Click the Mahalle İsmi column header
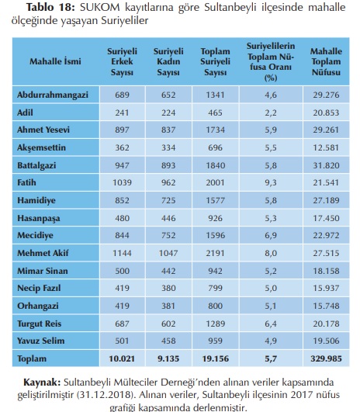point(55,61)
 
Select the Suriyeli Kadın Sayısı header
point(168,61)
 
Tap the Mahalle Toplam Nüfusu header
point(326,61)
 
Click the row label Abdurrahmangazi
point(53,95)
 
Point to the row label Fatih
point(26,182)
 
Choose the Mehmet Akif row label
point(43,253)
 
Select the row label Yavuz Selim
point(40,341)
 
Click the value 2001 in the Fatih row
point(215,182)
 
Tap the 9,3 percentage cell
point(271,182)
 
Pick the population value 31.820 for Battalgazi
point(326,165)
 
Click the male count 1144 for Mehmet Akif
point(122,253)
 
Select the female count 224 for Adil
point(168,113)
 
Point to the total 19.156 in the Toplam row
point(215,358)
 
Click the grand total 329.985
point(326,358)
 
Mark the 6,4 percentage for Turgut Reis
point(271,324)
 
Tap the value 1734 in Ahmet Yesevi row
point(215,130)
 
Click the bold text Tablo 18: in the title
point(50,7)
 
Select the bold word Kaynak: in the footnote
point(42,382)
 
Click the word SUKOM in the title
point(99,7)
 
